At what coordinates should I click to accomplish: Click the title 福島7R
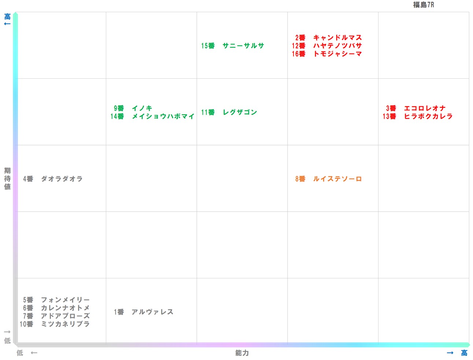[x=423, y=5]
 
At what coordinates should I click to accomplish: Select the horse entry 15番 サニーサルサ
[x=233, y=46]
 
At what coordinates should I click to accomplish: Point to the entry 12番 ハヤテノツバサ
[x=327, y=46]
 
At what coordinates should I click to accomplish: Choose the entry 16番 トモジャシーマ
[x=327, y=54]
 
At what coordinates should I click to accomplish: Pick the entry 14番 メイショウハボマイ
[x=152, y=116]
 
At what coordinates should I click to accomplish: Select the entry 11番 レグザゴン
[x=229, y=112]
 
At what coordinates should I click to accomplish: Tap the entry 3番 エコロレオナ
[x=416, y=108]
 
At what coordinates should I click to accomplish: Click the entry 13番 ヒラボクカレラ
[x=418, y=116]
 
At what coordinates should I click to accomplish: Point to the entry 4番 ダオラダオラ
[x=53, y=179]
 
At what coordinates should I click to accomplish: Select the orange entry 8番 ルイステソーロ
[x=328, y=179]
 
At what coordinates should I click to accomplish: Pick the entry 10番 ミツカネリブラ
[x=55, y=324]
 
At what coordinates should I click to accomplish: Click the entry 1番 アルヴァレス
[x=143, y=312]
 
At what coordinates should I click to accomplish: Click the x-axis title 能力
[x=242, y=353]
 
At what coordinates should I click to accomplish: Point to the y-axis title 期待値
[x=7, y=179]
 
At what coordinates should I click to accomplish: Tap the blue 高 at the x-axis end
[x=464, y=353]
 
